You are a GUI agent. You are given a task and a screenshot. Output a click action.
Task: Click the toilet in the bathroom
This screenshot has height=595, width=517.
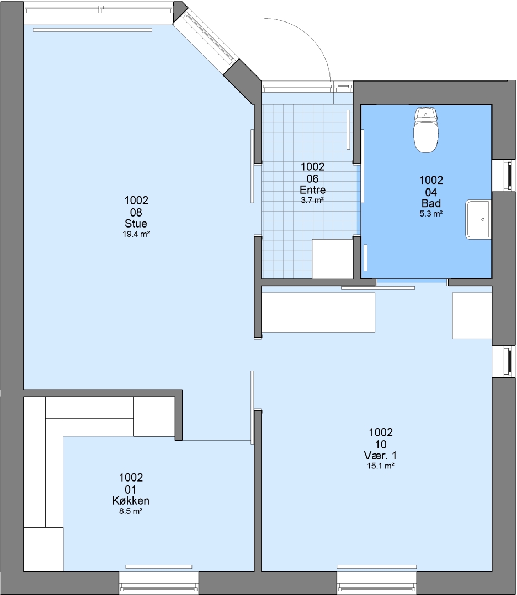426,130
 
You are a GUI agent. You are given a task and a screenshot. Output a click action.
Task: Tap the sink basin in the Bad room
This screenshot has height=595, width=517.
478,220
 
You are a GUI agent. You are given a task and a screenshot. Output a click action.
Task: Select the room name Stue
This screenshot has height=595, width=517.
136,224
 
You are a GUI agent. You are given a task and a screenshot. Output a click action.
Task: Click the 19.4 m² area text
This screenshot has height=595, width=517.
136,234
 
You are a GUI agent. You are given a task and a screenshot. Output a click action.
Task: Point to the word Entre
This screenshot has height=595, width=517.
312,190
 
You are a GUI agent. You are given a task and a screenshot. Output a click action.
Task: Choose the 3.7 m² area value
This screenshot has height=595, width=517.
312,200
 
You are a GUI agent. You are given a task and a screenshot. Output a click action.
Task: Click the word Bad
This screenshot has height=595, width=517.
431,203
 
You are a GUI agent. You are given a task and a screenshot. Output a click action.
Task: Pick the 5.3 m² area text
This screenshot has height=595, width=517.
431,214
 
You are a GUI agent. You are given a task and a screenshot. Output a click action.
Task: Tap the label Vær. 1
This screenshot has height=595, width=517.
380,456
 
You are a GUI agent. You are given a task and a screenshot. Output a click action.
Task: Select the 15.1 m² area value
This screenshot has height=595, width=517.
380,466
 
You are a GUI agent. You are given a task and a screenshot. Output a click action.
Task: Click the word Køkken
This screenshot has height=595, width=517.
131,500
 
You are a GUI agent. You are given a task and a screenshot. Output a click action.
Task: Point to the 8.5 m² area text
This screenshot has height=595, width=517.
131,511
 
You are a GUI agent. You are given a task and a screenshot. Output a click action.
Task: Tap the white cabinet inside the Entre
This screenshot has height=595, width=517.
333,259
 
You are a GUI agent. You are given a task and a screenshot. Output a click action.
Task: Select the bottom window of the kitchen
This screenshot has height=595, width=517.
159,583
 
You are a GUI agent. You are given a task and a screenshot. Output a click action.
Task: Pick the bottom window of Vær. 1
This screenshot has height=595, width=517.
377,583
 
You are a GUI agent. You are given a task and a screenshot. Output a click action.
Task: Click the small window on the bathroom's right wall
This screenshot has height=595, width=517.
504,175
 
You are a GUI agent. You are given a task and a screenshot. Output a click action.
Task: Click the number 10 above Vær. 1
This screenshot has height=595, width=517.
381,445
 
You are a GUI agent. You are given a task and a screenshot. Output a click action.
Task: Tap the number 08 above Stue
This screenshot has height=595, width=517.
136,213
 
